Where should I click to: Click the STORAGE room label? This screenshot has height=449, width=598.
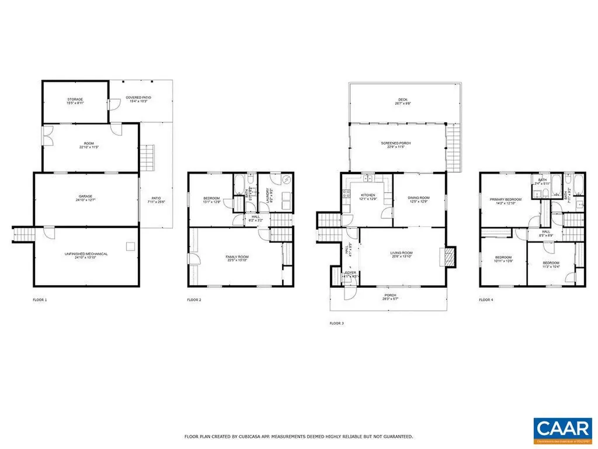click(x=75, y=100)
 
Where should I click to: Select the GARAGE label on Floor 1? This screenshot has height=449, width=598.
click(x=86, y=196)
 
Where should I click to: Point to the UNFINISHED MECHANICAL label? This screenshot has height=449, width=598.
click(x=86, y=254)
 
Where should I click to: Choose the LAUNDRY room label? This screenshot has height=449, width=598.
click(x=268, y=191)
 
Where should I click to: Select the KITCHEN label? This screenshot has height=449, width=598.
click(x=368, y=195)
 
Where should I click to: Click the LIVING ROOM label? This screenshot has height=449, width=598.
click(x=402, y=253)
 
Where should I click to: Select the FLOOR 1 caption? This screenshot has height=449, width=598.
click(x=40, y=300)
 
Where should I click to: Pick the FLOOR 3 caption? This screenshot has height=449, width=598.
click(x=337, y=323)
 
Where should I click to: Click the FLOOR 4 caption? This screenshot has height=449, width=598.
click(x=486, y=300)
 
